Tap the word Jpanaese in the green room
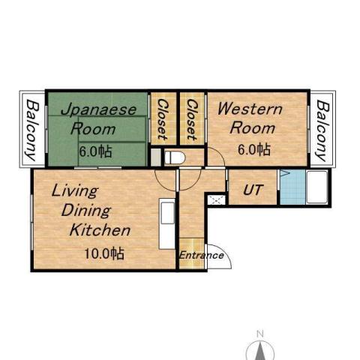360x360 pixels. (98, 109)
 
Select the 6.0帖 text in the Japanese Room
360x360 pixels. (96, 151)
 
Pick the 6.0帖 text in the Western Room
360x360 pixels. (253, 149)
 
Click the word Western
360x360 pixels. (250, 109)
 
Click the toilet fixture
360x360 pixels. (174, 158)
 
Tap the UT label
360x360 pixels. (252, 190)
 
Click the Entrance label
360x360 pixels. (201, 255)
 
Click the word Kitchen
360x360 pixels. (100, 230)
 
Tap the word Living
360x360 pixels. (74, 190)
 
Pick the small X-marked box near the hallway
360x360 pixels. (216, 199)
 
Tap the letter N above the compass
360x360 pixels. (260, 332)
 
